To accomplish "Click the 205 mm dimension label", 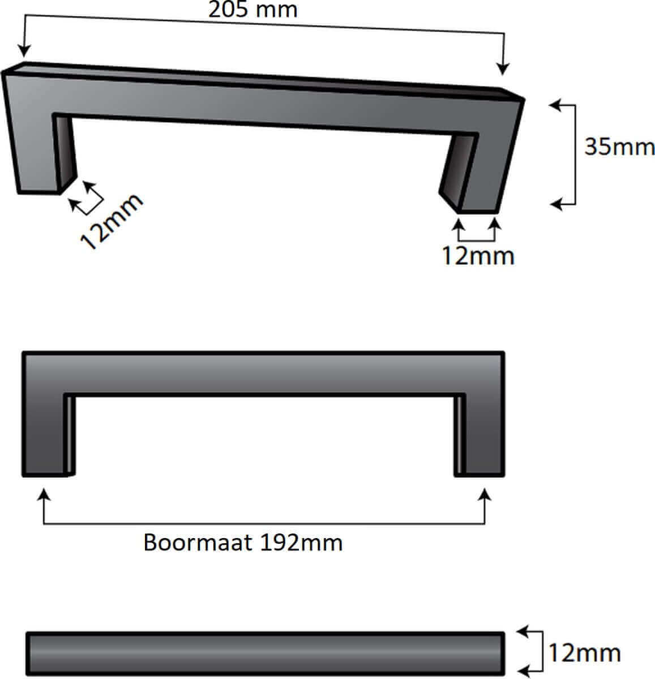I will coord(252,10).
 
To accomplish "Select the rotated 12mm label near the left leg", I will coord(112,221).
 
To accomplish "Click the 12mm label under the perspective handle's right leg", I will coord(478,256).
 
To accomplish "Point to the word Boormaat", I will coord(198,543).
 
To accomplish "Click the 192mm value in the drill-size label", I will coord(301,543).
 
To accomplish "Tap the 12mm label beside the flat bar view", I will coord(584,654).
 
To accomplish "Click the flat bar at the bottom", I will coord(265,654).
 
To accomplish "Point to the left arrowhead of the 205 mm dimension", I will coord(23,51).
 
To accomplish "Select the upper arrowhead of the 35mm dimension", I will coord(555,105).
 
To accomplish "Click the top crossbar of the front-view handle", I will coord(263,372).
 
